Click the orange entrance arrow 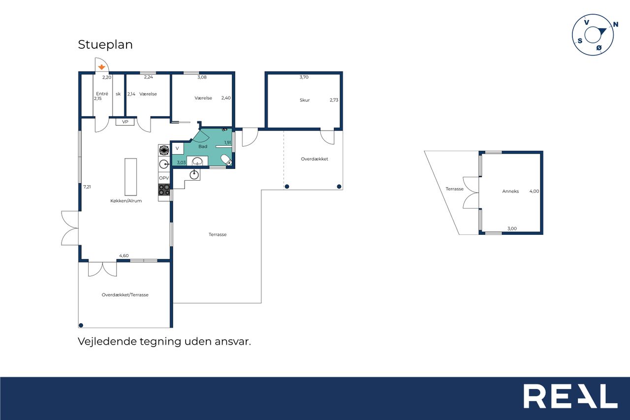point(101,67)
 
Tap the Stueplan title point(105,44)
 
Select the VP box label point(125,122)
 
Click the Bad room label point(203,146)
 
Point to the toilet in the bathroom point(226,160)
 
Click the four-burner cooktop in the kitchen point(164,190)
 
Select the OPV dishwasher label point(164,178)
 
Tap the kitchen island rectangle point(131,177)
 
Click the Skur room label point(305,100)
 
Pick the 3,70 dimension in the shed point(304,77)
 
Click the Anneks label point(510,192)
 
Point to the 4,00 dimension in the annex point(534,192)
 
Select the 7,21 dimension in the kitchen point(87,187)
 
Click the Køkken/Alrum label point(126,201)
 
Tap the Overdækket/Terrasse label point(125,295)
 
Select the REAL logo point(570,396)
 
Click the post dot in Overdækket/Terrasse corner point(81,325)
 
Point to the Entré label point(102,94)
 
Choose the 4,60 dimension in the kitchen point(124,256)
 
